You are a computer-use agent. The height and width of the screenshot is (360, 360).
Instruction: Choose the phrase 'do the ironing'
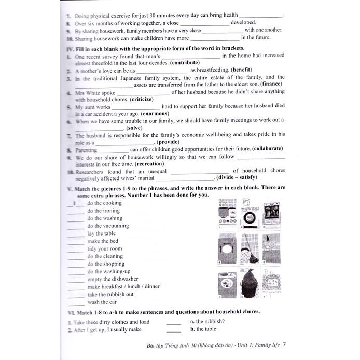104,211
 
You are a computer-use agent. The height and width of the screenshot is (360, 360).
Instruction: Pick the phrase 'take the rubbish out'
110,294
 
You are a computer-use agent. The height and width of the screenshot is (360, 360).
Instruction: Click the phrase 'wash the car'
102,302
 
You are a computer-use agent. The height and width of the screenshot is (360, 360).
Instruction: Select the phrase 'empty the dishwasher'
113,279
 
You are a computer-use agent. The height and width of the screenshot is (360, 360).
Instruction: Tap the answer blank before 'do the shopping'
75,264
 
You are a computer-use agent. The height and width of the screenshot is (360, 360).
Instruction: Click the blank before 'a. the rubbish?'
174,322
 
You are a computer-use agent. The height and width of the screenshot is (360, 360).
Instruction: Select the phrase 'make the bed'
103,241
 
